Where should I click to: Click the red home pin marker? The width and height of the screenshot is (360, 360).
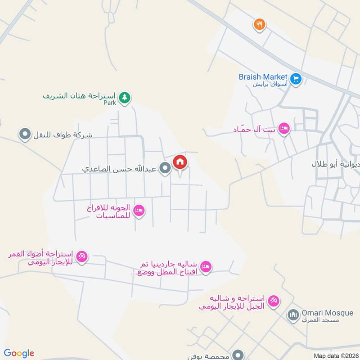180,162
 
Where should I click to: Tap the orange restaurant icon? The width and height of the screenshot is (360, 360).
259,24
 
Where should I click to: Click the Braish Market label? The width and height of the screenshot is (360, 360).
263,77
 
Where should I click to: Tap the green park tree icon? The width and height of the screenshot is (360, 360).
125,97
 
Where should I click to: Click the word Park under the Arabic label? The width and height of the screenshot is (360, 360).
109,103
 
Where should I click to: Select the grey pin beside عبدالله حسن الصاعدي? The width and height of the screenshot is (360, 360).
166,168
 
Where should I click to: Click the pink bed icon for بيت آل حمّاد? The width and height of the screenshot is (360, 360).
284,129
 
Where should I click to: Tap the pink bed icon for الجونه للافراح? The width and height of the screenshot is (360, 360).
139,211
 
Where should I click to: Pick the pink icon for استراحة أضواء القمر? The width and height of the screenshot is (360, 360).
82,257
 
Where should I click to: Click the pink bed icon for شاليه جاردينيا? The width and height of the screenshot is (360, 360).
206,267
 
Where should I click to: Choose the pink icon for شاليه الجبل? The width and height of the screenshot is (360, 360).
274,301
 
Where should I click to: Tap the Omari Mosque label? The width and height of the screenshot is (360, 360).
327,313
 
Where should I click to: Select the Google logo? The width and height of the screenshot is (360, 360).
19,353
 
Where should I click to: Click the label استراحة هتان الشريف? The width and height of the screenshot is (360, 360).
80,96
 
